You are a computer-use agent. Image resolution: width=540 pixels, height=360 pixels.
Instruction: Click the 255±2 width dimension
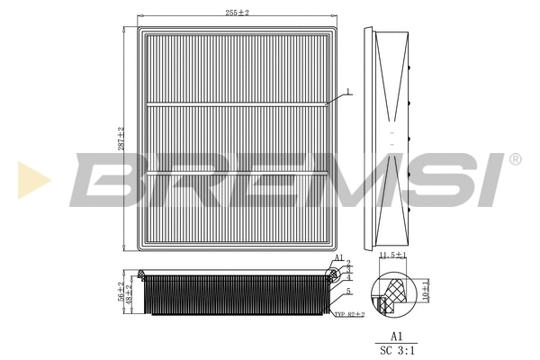[x=237, y=13]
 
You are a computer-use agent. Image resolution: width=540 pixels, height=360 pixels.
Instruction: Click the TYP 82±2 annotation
[x=349, y=314]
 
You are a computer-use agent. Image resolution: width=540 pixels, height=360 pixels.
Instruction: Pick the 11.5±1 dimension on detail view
[x=392, y=256]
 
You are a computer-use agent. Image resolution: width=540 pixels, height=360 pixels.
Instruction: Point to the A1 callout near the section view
[x=338, y=257]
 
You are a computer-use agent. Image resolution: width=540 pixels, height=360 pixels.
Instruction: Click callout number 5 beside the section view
[x=348, y=292]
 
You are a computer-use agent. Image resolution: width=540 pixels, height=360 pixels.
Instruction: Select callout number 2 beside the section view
[x=348, y=264]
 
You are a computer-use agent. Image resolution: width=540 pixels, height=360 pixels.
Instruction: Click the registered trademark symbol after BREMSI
[x=514, y=159]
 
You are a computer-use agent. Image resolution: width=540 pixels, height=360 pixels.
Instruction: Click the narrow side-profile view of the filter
[x=390, y=139]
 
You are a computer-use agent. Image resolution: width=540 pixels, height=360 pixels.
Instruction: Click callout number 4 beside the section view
[x=348, y=277]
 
